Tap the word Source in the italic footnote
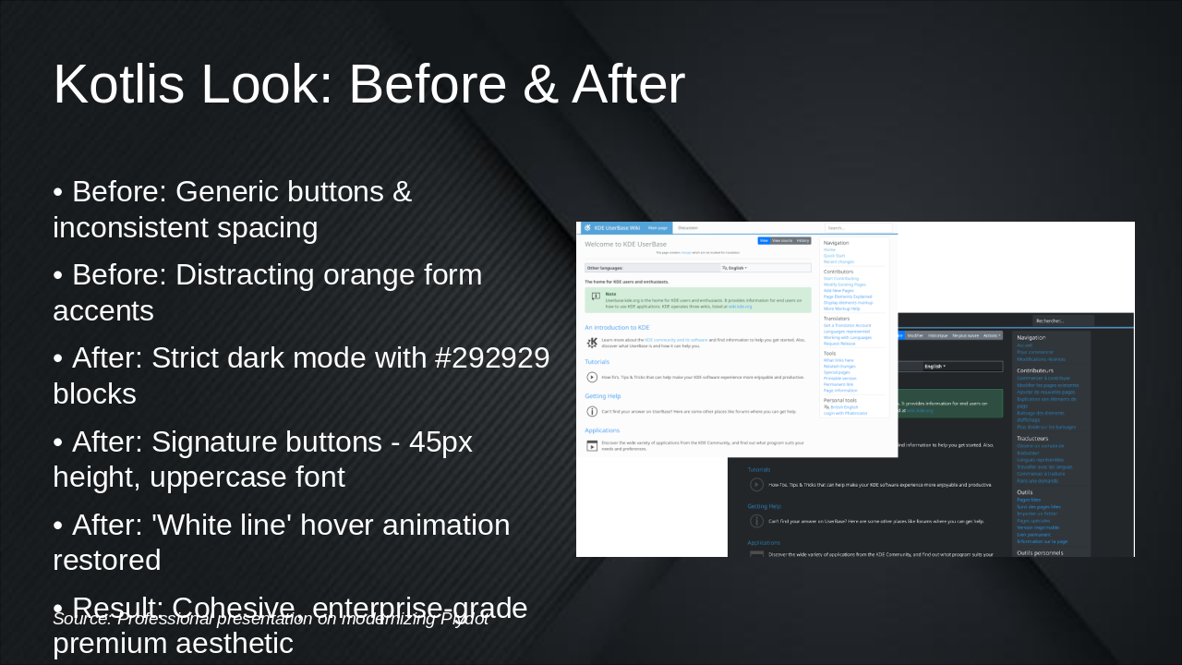[80, 619]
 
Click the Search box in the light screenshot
[858, 227]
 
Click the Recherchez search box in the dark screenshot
[1062, 320]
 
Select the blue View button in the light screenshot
[764, 240]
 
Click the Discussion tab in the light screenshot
[688, 227]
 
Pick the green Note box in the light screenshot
[697, 300]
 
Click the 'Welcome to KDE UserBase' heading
[625, 244]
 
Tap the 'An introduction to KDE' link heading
[617, 327]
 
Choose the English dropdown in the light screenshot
[735, 268]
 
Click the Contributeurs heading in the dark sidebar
[1035, 370]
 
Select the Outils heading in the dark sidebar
[1025, 492]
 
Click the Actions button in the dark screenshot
[992, 335]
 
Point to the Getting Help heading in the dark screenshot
[764, 506]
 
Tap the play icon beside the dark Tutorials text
[756, 484]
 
